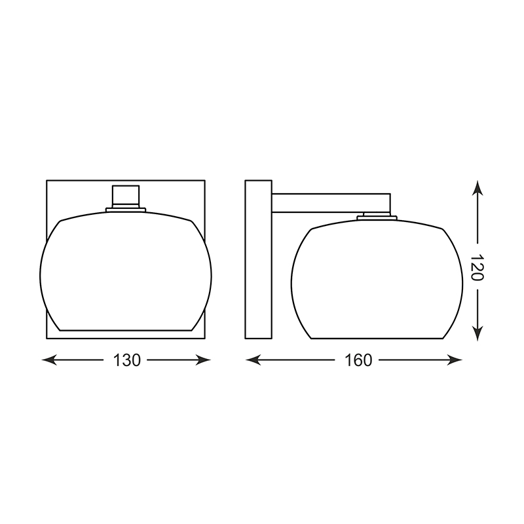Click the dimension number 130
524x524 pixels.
pos(126,360)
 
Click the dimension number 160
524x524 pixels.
pos(358,360)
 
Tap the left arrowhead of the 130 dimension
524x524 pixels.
pos(49,360)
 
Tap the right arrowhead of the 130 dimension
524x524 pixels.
pos(203,360)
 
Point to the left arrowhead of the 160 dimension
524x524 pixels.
pos(253,360)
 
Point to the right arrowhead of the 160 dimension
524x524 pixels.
pos(455,360)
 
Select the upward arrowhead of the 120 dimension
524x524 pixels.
pos(478,188)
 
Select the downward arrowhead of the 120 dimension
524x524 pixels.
pos(478,333)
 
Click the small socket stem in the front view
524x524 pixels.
pos(126,196)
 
